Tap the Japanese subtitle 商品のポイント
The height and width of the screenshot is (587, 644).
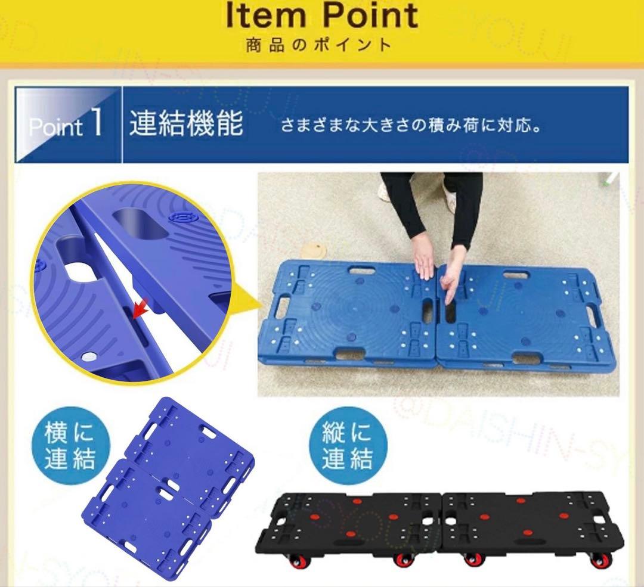click(318, 45)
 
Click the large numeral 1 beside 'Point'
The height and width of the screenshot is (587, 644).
click(96, 122)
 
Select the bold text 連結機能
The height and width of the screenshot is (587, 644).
click(187, 123)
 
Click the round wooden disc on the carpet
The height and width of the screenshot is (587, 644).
click(314, 250)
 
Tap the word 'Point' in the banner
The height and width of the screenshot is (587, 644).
click(55, 126)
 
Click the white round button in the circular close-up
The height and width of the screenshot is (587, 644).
click(88, 357)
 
